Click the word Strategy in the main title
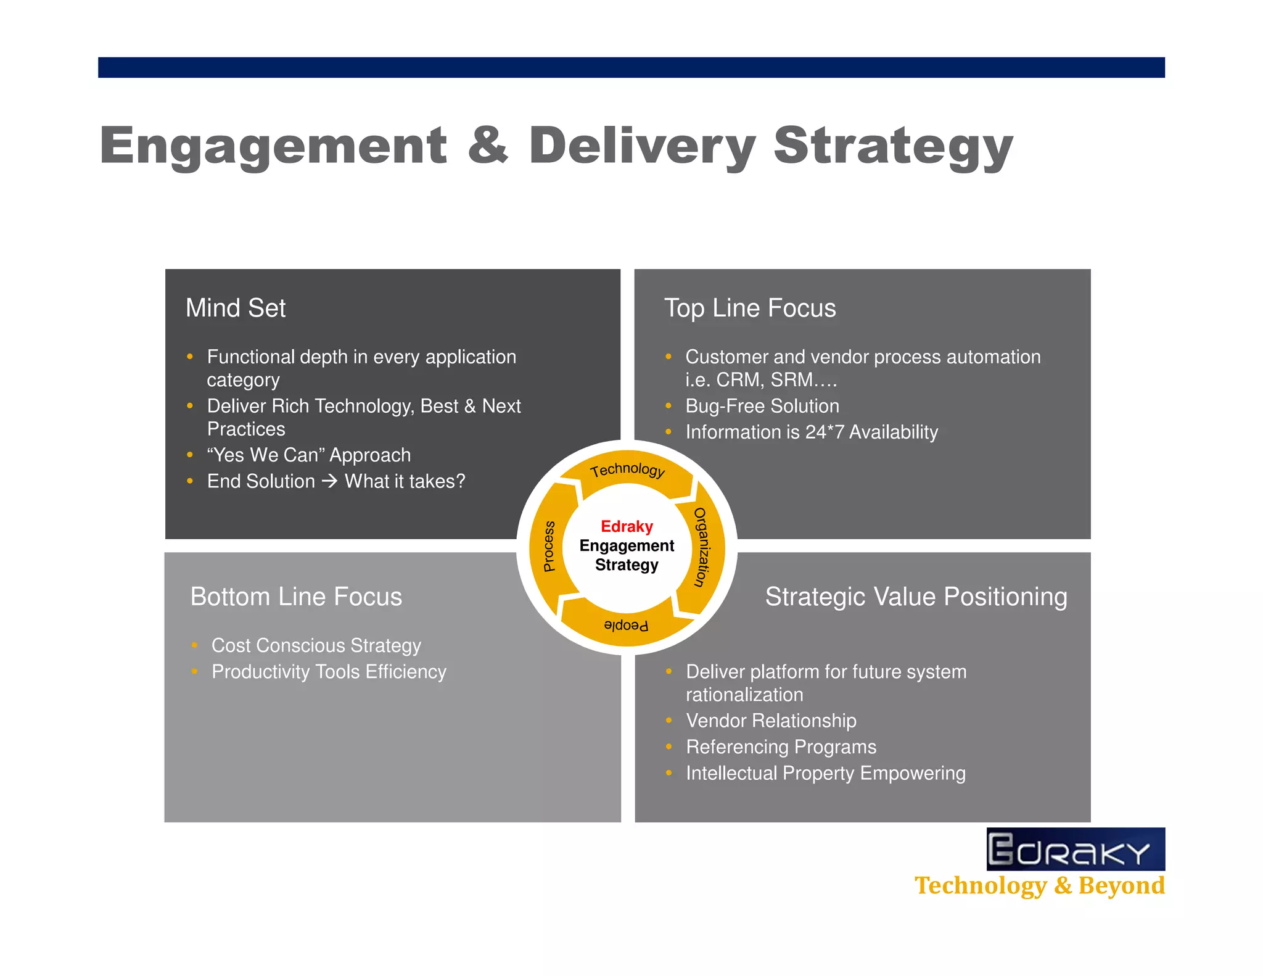(x=894, y=146)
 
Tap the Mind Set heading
(x=236, y=308)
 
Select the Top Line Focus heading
(x=750, y=308)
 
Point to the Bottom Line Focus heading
(x=296, y=597)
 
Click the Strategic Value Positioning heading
(x=916, y=597)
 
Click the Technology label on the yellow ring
(x=627, y=470)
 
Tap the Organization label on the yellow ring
(x=702, y=547)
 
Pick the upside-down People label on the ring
(x=626, y=626)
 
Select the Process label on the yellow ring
(x=549, y=547)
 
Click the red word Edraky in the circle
(x=627, y=526)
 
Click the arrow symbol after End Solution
(x=330, y=481)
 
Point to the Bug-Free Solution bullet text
(x=762, y=406)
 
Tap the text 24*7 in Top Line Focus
(x=824, y=432)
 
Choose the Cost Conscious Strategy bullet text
(x=316, y=645)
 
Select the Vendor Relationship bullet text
(x=771, y=721)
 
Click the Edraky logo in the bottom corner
(x=1075, y=850)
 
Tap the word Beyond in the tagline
(x=1121, y=885)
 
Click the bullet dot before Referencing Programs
(x=669, y=746)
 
